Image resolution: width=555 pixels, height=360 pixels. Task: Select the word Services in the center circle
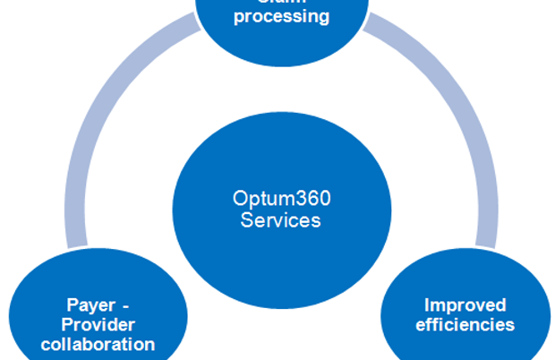280,219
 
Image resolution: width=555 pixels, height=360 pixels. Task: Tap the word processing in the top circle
281,16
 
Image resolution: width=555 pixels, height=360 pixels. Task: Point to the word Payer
90,304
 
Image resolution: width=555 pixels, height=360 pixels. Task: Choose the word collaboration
103,344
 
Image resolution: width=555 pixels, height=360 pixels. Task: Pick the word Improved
465,304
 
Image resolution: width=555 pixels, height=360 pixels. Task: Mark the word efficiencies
465,324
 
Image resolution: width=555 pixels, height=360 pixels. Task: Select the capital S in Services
246,219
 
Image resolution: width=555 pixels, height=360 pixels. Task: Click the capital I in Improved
426,304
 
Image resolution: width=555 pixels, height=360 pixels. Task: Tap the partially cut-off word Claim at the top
281,2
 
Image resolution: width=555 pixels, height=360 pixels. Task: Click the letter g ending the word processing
323,18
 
